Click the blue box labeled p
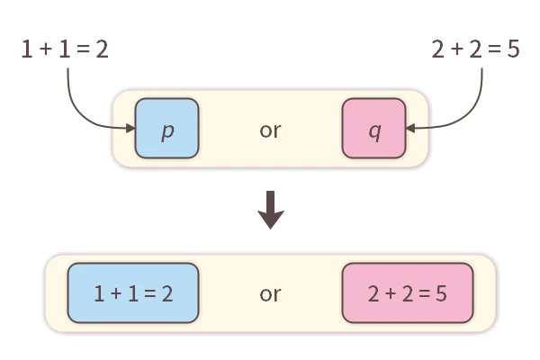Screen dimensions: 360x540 166,129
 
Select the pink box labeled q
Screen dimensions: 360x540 373,129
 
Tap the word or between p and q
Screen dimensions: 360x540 270,130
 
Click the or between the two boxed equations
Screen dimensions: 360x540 270,293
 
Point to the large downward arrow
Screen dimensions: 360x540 270,209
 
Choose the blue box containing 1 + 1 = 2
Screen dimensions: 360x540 132,293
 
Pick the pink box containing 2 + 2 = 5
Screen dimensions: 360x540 407,293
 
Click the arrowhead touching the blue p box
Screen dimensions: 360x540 130,129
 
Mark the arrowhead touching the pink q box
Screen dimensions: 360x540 409,129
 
